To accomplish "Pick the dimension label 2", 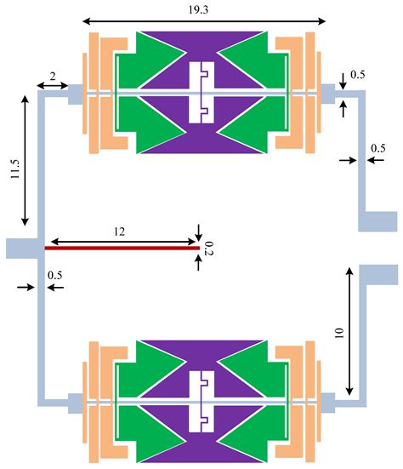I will click(52, 76).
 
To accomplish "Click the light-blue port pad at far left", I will click(22, 248).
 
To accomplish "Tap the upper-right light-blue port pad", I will click(377, 220).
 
